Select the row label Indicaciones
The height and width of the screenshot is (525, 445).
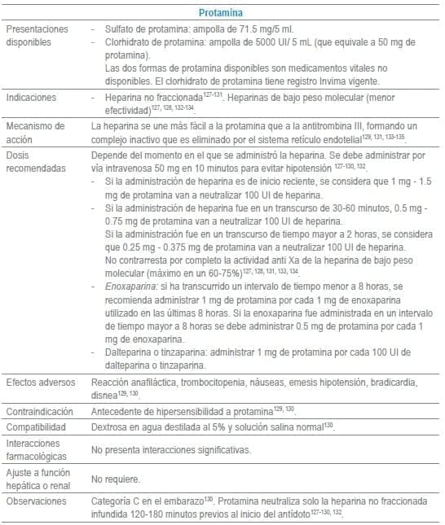point(31,97)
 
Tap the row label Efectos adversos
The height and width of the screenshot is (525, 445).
point(40,382)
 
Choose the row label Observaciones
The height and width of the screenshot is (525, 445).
point(37,501)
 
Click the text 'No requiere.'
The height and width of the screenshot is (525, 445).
point(116,479)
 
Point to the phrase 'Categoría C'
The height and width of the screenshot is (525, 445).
point(118,501)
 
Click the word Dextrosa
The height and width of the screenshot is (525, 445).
point(111,427)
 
